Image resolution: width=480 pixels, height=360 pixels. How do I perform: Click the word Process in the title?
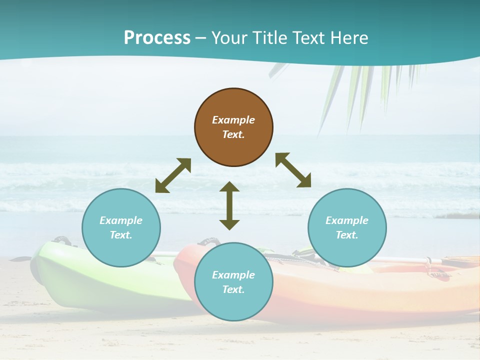(x=157, y=38)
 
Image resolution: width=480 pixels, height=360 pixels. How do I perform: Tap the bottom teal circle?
(x=233, y=305)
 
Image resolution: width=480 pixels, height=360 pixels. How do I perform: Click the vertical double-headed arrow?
(x=229, y=205)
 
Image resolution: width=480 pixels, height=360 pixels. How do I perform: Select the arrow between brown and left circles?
(x=173, y=175)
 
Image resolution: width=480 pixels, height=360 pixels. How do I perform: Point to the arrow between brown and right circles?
(x=293, y=170)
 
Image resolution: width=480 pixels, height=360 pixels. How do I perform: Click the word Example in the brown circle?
(x=233, y=120)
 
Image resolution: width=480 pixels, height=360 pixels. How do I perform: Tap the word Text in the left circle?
(x=120, y=235)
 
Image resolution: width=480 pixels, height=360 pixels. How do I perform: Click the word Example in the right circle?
(x=347, y=220)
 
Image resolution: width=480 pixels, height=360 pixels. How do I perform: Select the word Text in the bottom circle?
(x=233, y=289)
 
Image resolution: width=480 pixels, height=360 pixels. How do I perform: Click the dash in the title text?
(x=201, y=38)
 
